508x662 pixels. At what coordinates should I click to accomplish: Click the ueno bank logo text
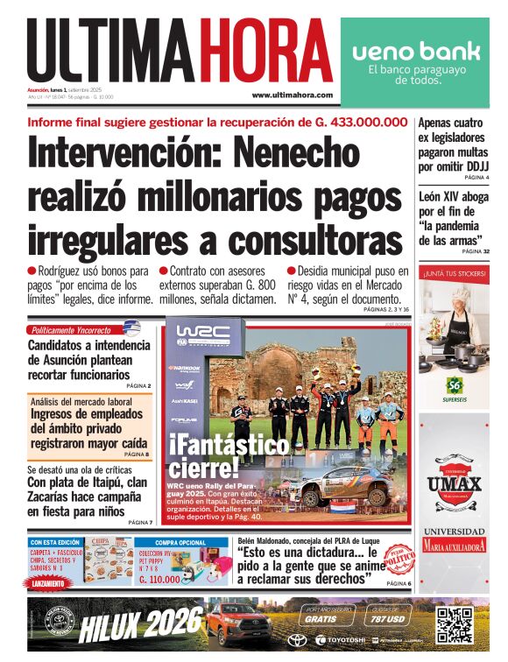click(416, 51)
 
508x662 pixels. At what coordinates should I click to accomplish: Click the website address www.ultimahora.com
click(292, 95)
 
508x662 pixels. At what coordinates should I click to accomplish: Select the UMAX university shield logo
click(454, 486)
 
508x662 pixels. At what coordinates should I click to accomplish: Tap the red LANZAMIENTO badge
click(51, 584)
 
